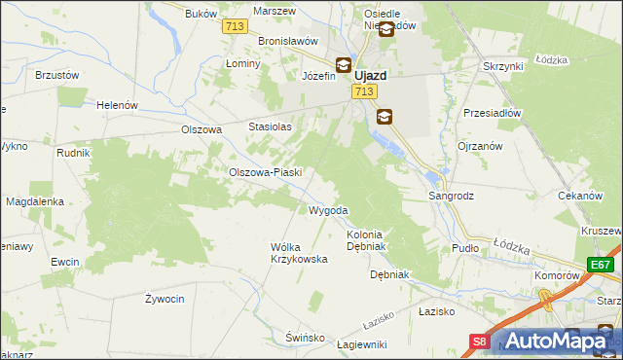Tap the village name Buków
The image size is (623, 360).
(x=200, y=15)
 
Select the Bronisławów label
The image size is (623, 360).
(x=289, y=41)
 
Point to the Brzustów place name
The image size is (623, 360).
(x=55, y=74)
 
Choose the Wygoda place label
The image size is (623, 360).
(x=328, y=210)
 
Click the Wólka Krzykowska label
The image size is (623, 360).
(x=298, y=253)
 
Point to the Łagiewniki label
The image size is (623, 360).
(x=361, y=344)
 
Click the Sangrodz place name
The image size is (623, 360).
(x=452, y=196)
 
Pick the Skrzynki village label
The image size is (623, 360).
(x=503, y=66)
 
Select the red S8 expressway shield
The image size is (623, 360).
(x=480, y=342)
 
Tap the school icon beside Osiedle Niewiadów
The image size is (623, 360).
(x=386, y=29)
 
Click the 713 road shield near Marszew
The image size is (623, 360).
(x=233, y=27)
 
